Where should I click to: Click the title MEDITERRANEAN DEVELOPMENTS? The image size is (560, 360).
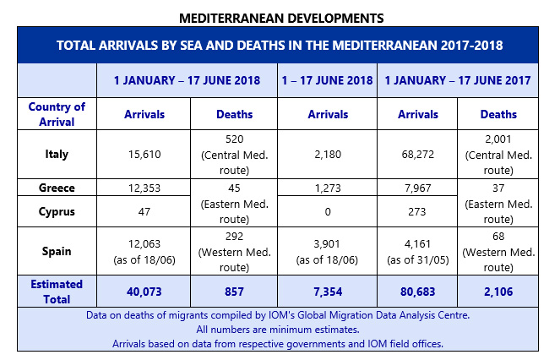[x=280, y=16]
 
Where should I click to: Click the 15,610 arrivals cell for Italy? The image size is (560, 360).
[x=144, y=155]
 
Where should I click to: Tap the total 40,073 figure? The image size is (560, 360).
[x=144, y=291]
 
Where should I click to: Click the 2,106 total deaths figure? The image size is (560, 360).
[x=499, y=291]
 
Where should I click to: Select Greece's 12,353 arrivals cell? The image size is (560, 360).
[x=144, y=187]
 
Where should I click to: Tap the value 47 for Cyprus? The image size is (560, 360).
[x=144, y=211]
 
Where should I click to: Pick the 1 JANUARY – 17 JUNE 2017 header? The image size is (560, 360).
[x=457, y=80]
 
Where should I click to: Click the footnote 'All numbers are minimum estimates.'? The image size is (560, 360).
[x=280, y=330]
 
